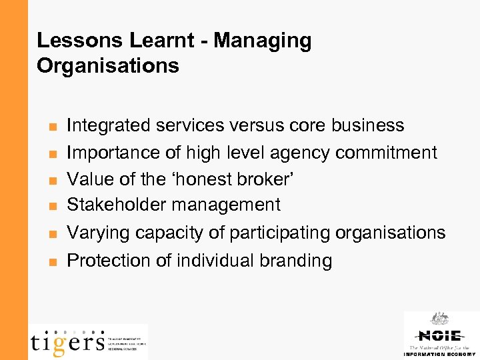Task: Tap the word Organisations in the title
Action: [108, 66]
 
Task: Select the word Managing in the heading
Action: [263, 41]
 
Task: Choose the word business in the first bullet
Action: [370, 125]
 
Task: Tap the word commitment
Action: [387, 152]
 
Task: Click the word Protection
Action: [110, 260]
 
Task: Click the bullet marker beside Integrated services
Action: [52, 126]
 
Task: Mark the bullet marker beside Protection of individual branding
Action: [52, 261]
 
